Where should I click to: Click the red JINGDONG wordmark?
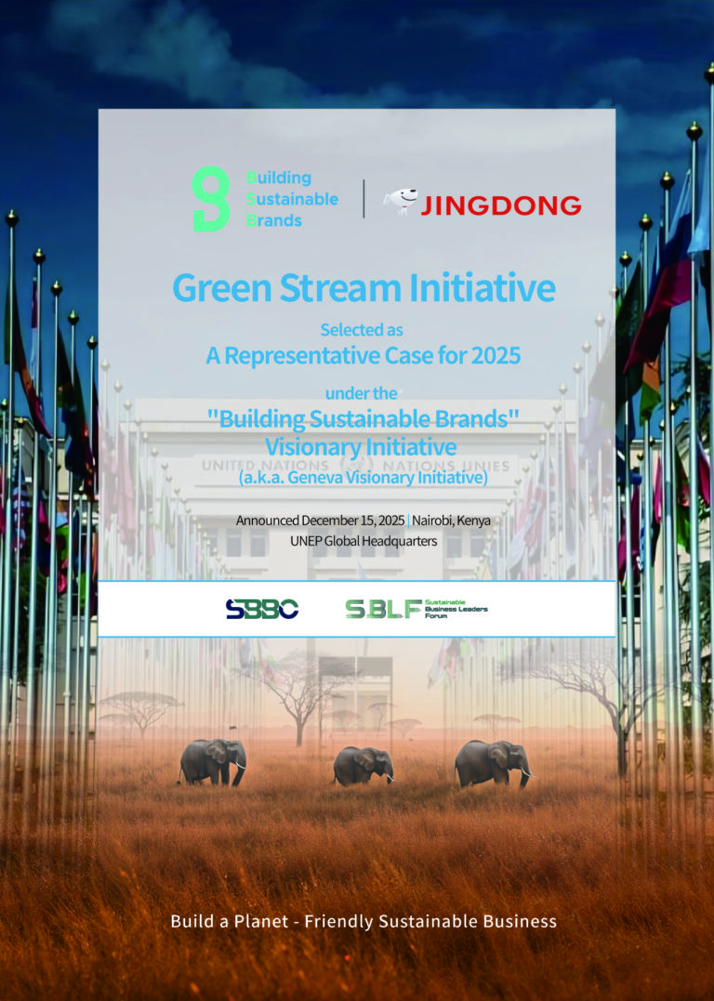501,204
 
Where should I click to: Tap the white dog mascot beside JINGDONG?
401,201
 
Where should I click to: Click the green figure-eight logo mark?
211,199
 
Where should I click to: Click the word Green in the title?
222,288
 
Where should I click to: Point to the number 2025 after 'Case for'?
496,356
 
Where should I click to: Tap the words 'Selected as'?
362,330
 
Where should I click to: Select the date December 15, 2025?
353,520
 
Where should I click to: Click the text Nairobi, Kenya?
451,520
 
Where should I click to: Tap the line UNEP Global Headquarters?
364,541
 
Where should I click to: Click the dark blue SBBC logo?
262,609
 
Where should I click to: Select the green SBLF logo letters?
383,609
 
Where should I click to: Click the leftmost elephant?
213,761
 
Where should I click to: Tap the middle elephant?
363,765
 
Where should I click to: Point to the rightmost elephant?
493,763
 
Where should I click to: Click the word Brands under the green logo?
274,220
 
